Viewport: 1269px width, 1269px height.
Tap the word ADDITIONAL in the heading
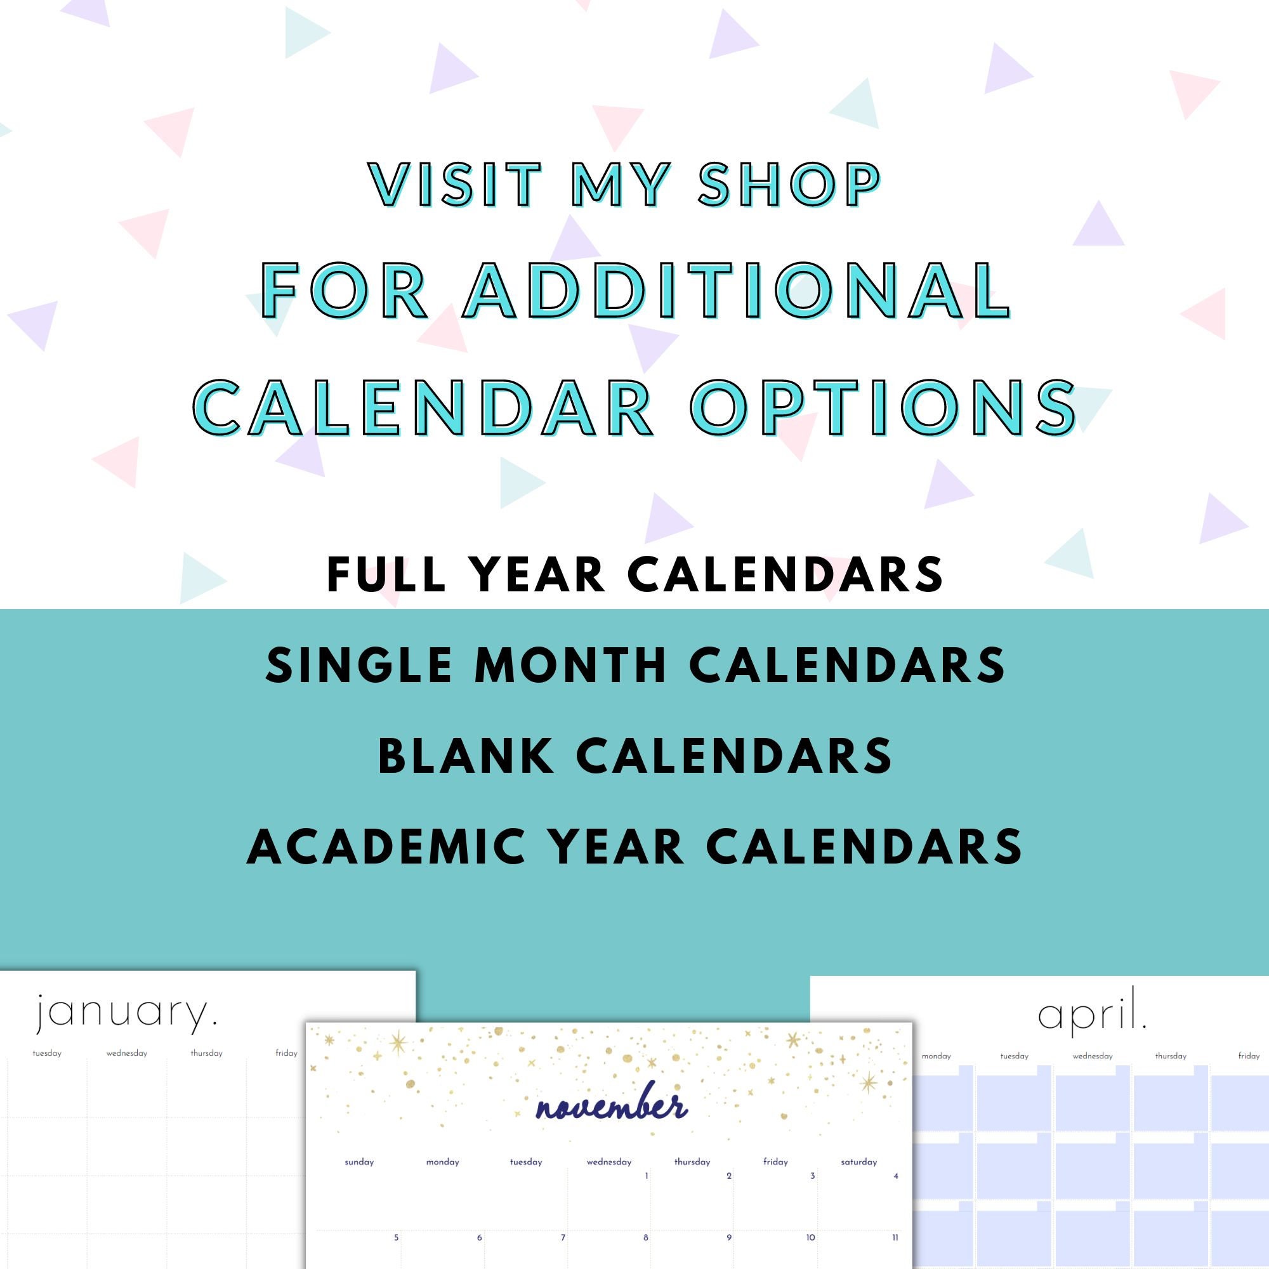point(736,290)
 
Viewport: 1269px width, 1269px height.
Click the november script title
point(612,1108)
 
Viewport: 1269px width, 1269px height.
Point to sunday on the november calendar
point(359,1162)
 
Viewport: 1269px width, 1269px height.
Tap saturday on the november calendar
point(858,1162)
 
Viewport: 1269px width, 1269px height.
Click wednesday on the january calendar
point(127,1053)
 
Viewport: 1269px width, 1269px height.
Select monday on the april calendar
point(936,1056)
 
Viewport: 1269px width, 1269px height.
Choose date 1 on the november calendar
point(647,1176)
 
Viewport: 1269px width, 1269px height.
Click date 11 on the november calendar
point(895,1237)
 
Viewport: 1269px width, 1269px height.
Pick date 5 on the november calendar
point(396,1237)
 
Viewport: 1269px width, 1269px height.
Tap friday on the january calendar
point(286,1053)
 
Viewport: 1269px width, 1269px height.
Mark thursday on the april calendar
point(1171,1056)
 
